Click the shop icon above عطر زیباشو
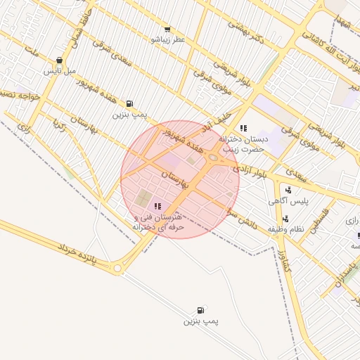[167, 30]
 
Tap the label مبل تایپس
[58, 71]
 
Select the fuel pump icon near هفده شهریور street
[129, 103]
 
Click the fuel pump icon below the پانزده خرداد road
[201, 310]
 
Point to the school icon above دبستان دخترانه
[243, 128]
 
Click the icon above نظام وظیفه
[285, 219]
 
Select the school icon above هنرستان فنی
[157, 206]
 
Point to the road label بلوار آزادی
[252, 169]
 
